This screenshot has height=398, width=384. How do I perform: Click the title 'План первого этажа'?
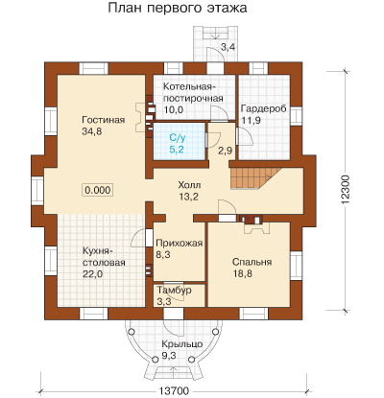tap(178, 8)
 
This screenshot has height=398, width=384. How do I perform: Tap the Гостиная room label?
tap(104, 120)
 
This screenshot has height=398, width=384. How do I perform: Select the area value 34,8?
tap(92, 131)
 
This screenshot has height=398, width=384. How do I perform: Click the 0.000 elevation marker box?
tap(98, 190)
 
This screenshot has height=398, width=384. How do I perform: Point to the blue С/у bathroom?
tap(179, 141)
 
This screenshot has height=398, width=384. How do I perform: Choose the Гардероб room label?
tap(263, 108)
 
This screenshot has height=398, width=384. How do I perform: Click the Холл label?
tap(189, 185)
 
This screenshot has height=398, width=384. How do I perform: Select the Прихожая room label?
tap(180, 244)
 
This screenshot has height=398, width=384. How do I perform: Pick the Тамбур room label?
tap(174, 290)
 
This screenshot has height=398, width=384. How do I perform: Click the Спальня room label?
tap(252, 262)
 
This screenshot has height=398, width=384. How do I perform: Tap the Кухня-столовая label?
tap(104, 257)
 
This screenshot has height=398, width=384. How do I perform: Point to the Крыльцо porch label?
tap(182, 344)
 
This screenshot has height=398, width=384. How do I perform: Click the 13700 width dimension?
tap(174, 390)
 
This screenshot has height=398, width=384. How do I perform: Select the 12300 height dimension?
tap(347, 190)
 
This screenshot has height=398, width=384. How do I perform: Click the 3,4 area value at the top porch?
tap(228, 47)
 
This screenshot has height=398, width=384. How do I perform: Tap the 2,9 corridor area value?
tap(226, 151)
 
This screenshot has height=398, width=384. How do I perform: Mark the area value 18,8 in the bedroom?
tap(242, 273)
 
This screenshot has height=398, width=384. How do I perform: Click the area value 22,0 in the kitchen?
tap(93, 274)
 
